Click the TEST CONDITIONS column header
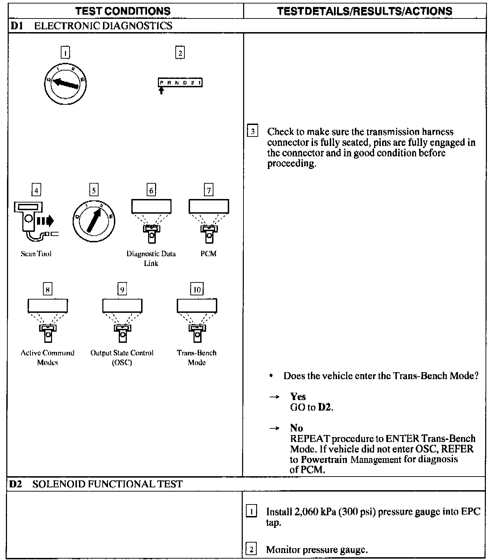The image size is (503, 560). [123, 11]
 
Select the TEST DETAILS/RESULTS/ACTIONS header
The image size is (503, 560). [365, 11]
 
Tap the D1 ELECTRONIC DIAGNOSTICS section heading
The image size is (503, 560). [92, 26]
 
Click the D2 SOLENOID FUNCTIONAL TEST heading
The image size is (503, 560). [96, 484]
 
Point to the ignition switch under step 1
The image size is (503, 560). [65, 84]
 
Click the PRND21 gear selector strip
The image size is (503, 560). [180, 83]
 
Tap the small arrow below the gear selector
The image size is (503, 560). [161, 91]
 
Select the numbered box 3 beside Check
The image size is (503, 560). [253, 132]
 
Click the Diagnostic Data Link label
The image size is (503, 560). [151, 258]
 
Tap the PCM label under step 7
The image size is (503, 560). [209, 254]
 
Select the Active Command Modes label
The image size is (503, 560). [48, 358]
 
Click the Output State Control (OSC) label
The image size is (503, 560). [122, 358]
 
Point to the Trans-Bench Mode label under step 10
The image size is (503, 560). [197, 358]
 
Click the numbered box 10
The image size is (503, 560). [197, 289]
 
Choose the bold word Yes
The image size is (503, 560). [298, 397]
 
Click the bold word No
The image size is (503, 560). [297, 428]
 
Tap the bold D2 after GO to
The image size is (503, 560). [325, 407]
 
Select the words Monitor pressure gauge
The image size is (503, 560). [317, 550]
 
